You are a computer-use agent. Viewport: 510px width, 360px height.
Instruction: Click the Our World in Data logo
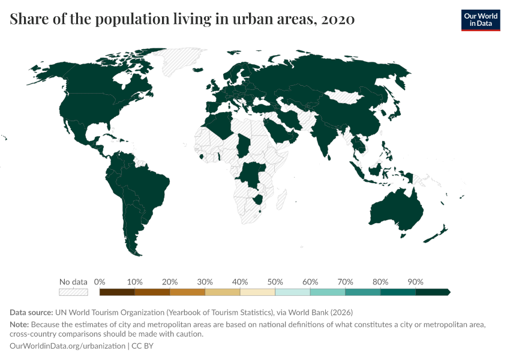[x=480, y=20]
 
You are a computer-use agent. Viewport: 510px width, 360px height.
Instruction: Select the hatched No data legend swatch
[x=73, y=292]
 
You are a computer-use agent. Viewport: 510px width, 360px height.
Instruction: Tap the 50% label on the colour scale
[x=275, y=281]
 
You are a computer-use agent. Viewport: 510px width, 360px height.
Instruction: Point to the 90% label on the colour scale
[x=415, y=281]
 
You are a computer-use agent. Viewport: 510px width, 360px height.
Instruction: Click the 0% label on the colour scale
[x=100, y=281]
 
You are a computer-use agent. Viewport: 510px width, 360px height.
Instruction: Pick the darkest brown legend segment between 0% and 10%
[x=117, y=292]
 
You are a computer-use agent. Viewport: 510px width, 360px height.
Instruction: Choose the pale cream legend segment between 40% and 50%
[x=257, y=292]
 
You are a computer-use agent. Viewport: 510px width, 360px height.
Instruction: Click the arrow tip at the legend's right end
[x=448, y=292]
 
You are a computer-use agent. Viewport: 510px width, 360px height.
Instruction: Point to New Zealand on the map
[x=436, y=234]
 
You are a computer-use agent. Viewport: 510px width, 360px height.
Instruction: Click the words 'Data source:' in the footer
[x=31, y=313]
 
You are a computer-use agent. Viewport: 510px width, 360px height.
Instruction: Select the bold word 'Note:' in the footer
[x=19, y=325]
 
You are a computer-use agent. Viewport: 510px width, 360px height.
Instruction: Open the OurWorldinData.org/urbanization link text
[x=67, y=346]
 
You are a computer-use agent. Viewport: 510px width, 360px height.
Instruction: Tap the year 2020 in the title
[x=338, y=20]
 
